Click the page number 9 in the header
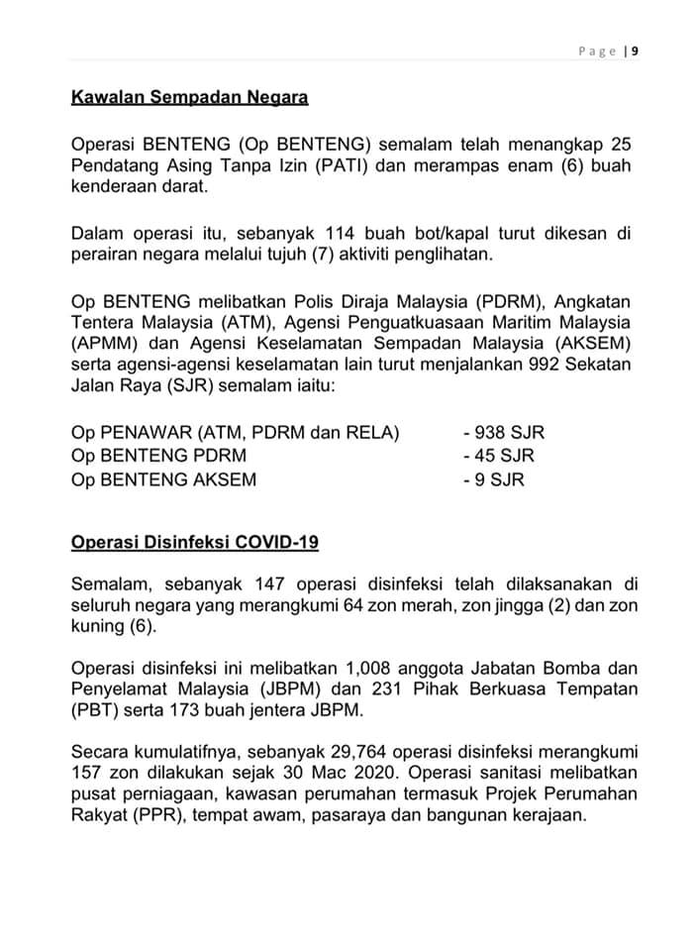[635, 52]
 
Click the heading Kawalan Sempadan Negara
[190, 98]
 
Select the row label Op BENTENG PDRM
[159, 457]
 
